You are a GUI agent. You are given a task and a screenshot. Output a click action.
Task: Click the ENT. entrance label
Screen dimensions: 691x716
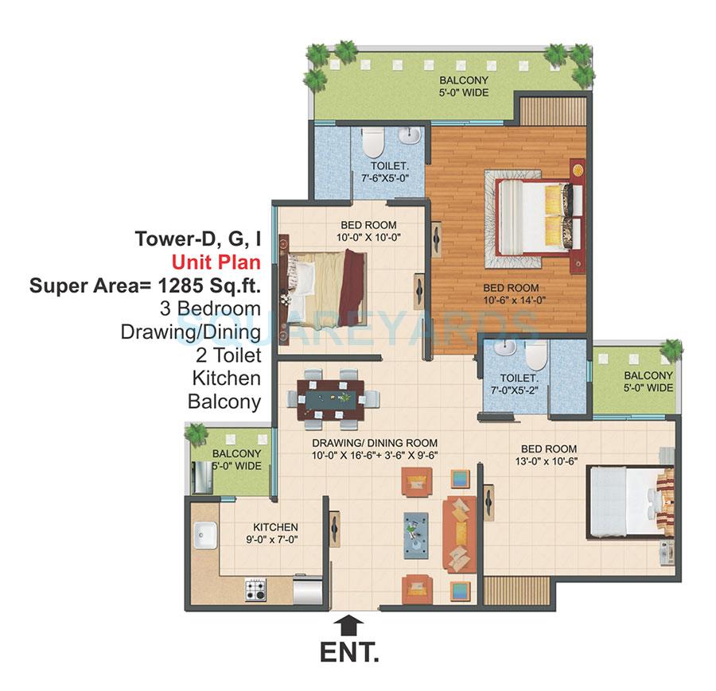click(x=349, y=654)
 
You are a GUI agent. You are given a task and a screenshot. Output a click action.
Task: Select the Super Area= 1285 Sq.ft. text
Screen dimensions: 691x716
click(x=145, y=285)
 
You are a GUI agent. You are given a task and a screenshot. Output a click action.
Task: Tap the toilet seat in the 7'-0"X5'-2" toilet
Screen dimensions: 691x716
click(x=538, y=355)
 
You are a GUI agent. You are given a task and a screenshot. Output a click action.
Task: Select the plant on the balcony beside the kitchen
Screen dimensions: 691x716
click(x=195, y=434)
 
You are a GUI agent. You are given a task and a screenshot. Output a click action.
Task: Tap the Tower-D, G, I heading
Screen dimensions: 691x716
click(x=198, y=238)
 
